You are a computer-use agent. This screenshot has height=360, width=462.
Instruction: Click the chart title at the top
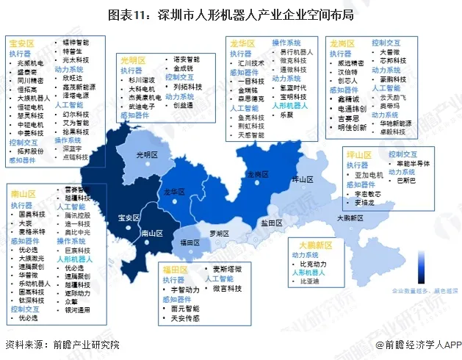tap(231, 14)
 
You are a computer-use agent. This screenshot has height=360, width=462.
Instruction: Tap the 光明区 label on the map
tap(149, 154)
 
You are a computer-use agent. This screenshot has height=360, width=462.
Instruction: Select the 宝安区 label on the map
tap(129, 218)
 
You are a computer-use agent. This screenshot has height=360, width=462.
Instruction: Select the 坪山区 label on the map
tap(302, 179)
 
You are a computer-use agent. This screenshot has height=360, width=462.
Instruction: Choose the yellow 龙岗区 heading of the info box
tap(343, 43)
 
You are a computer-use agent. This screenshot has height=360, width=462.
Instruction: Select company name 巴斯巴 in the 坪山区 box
tap(406, 179)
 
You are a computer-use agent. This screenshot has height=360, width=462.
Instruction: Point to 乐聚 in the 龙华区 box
tap(286, 115)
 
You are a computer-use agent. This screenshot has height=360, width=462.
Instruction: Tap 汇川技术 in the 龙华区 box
tap(252, 63)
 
